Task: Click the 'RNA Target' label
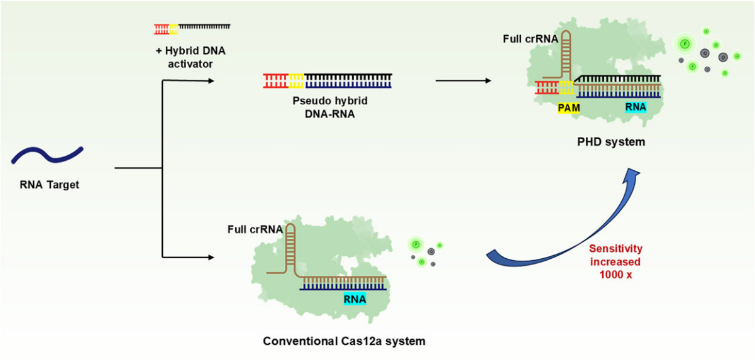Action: (x=48, y=185)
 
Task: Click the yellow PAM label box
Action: (x=568, y=107)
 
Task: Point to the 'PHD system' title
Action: (x=610, y=142)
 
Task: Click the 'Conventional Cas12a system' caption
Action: (x=344, y=342)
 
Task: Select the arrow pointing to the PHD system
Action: (x=462, y=80)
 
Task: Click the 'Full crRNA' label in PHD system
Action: (x=530, y=39)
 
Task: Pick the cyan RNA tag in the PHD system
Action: (x=636, y=107)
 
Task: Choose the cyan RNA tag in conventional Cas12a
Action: (x=355, y=300)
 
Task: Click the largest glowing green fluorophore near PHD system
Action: (x=685, y=44)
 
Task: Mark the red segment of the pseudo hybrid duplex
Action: (x=275, y=80)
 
